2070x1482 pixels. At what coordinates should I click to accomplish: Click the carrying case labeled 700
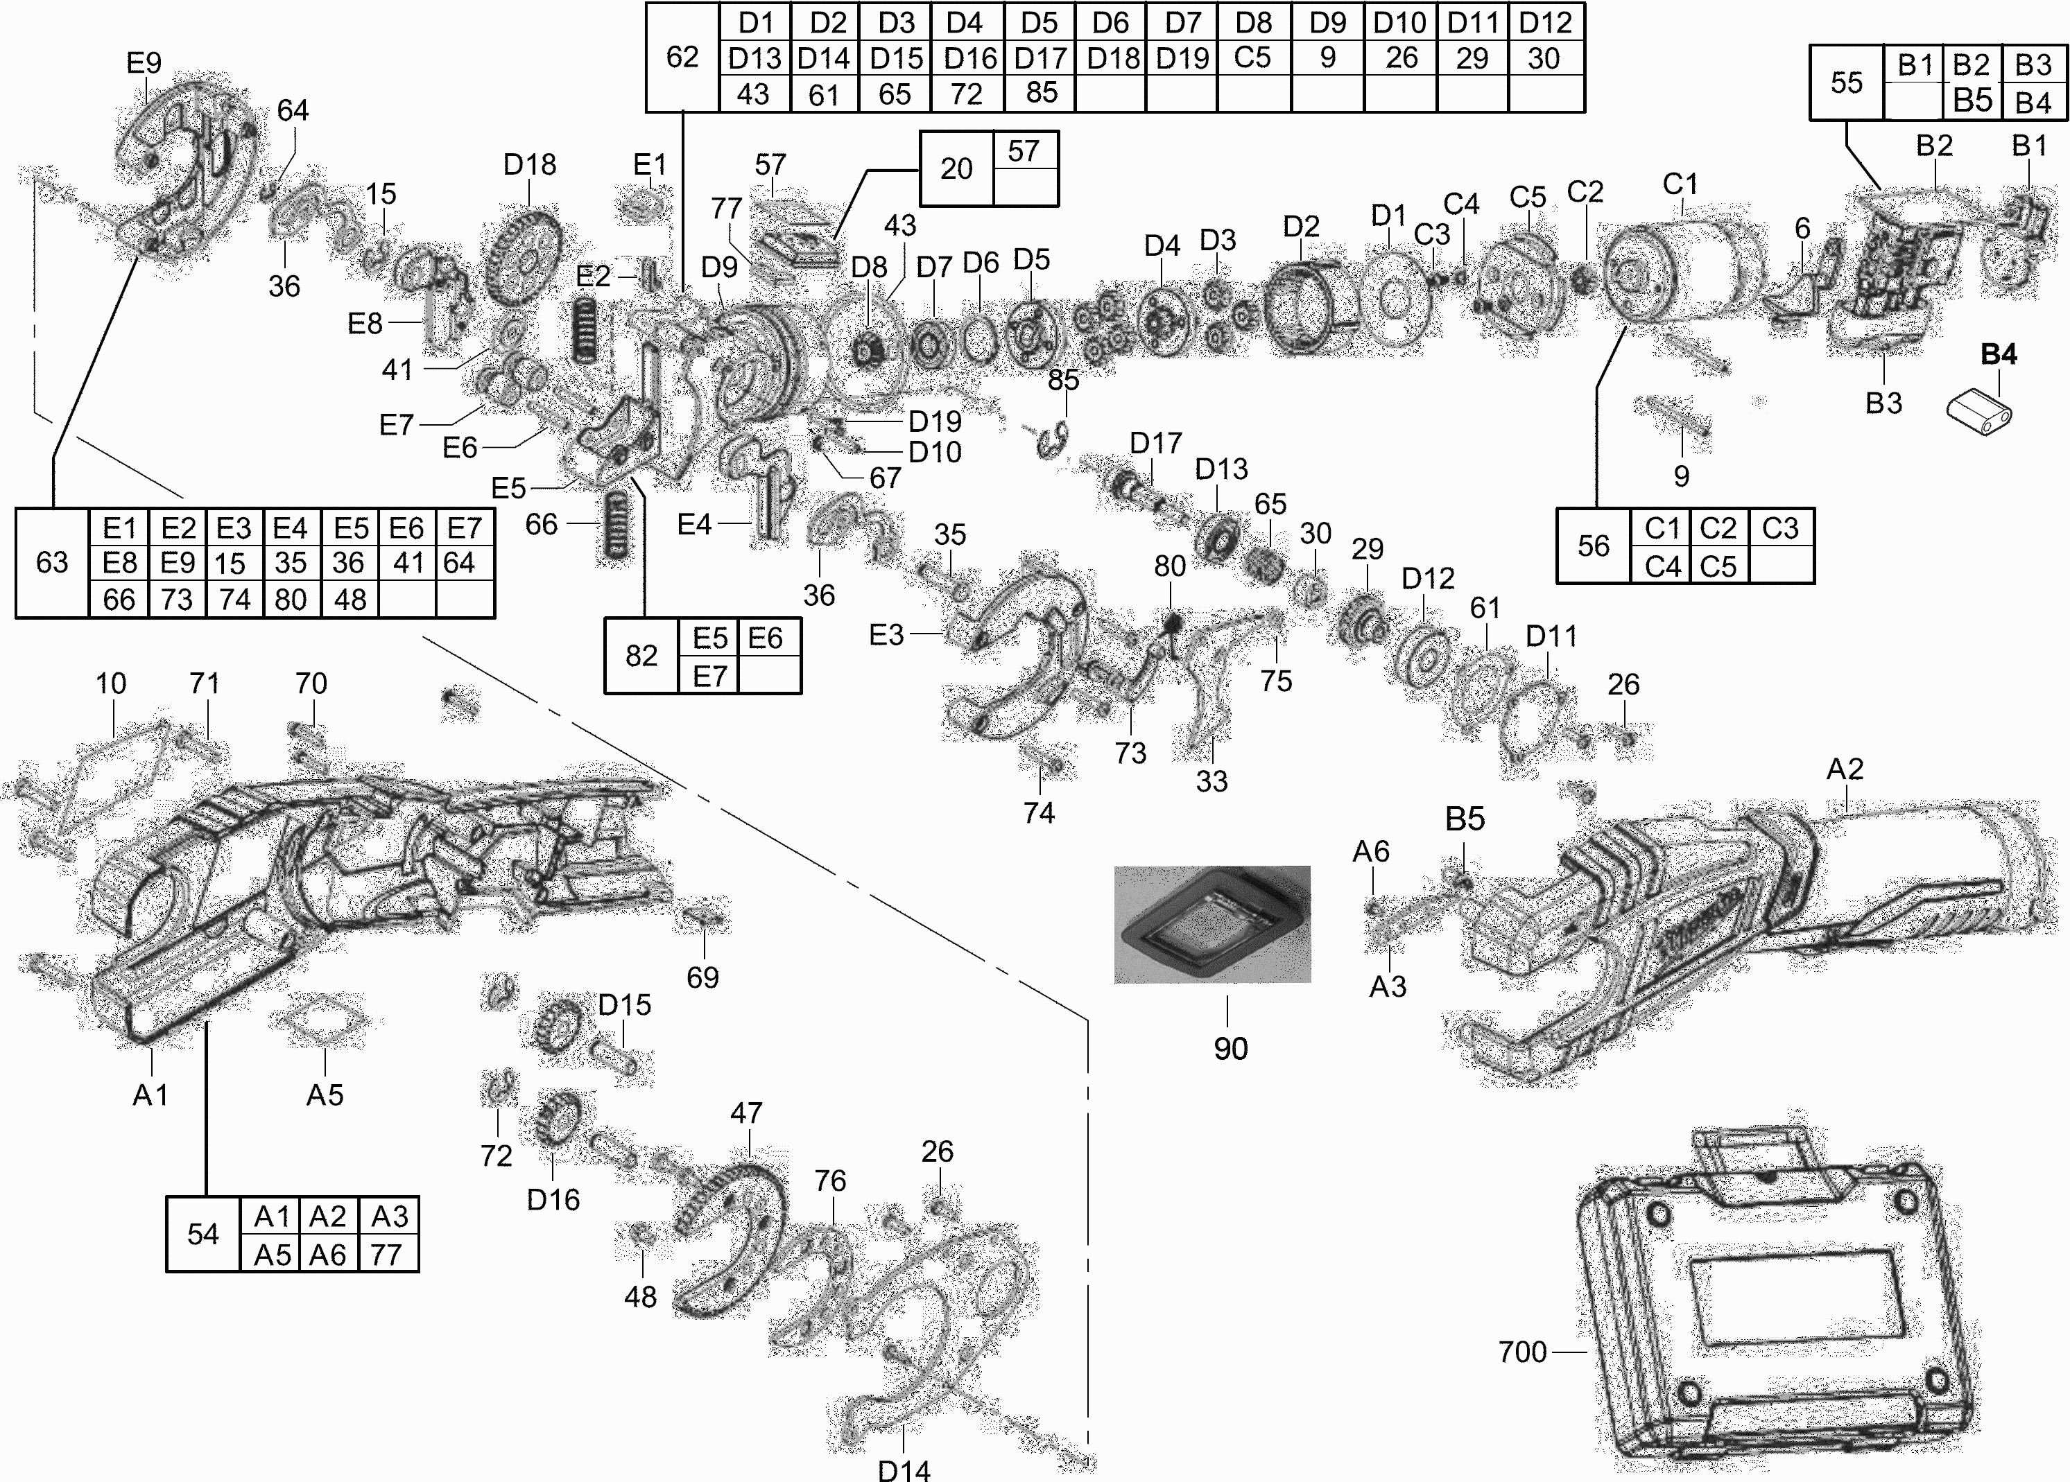point(1770,1314)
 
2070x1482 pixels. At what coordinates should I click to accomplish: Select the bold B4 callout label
point(1998,354)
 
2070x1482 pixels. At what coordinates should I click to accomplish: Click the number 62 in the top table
point(682,58)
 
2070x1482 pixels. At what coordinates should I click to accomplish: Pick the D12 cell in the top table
point(1545,22)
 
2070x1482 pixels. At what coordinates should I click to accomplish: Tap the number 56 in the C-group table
point(1593,546)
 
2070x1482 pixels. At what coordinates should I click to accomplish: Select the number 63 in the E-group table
point(52,562)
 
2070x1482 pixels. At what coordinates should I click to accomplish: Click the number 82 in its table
point(641,655)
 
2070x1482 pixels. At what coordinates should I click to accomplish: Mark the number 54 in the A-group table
point(202,1234)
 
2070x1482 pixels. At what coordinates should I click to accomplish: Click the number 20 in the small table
point(956,169)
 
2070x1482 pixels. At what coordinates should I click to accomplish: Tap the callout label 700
point(1522,1352)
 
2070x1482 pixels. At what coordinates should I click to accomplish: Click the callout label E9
point(144,63)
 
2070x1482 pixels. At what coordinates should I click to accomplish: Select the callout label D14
point(904,1470)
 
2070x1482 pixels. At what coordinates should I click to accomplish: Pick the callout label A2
point(1844,769)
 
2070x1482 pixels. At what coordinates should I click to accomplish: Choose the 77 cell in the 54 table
point(387,1255)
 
